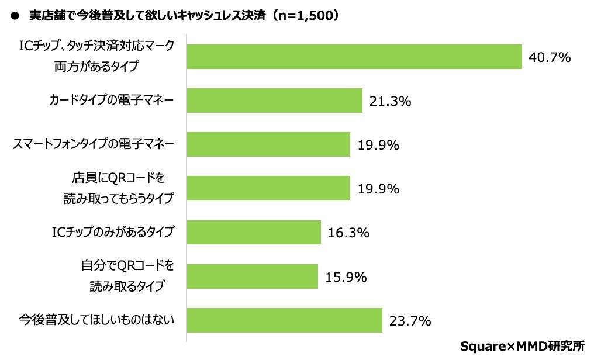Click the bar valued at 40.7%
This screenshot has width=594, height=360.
tap(354, 57)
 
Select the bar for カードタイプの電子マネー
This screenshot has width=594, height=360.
tap(274, 101)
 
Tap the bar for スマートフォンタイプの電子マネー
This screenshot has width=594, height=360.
tap(268, 144)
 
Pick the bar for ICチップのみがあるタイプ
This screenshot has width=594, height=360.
tap(254, 232)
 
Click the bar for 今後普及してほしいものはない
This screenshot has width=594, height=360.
tap(284, 320)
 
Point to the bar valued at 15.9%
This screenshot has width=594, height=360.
tap(252, 276)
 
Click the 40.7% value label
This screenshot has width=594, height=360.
tap(549, 57)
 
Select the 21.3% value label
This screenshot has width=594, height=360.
tap(390, 101)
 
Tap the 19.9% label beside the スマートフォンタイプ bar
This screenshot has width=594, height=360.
tap(378, 145)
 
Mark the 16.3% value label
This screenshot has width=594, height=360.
tap(348, 233)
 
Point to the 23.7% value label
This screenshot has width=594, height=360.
tap(410, 320)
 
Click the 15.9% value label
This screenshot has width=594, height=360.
tap(346, 276)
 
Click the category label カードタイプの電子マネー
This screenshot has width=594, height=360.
tap(111, 101)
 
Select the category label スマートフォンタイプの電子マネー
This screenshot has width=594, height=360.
tap(94, 144)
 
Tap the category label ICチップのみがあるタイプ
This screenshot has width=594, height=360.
tap(113, 232)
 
